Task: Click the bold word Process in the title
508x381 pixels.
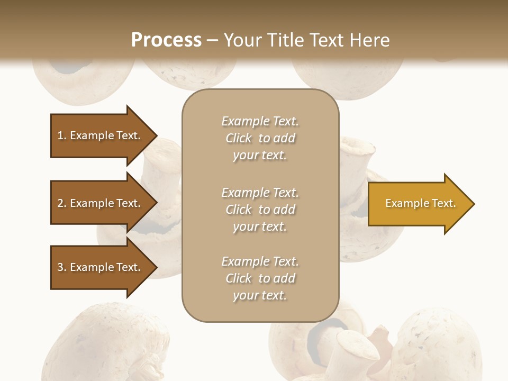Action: [x=166, y=40]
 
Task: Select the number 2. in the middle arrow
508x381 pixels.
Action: [x=62, y=203]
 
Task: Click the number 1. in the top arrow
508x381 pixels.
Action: [x=62, y=135]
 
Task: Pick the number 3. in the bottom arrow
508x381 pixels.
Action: [x=62, y=267]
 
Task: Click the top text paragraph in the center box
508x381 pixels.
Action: [x=260, y=138]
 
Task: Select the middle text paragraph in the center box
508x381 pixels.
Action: [x=260, y=210]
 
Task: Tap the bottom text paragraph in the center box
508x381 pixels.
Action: [x=260, y=278]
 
